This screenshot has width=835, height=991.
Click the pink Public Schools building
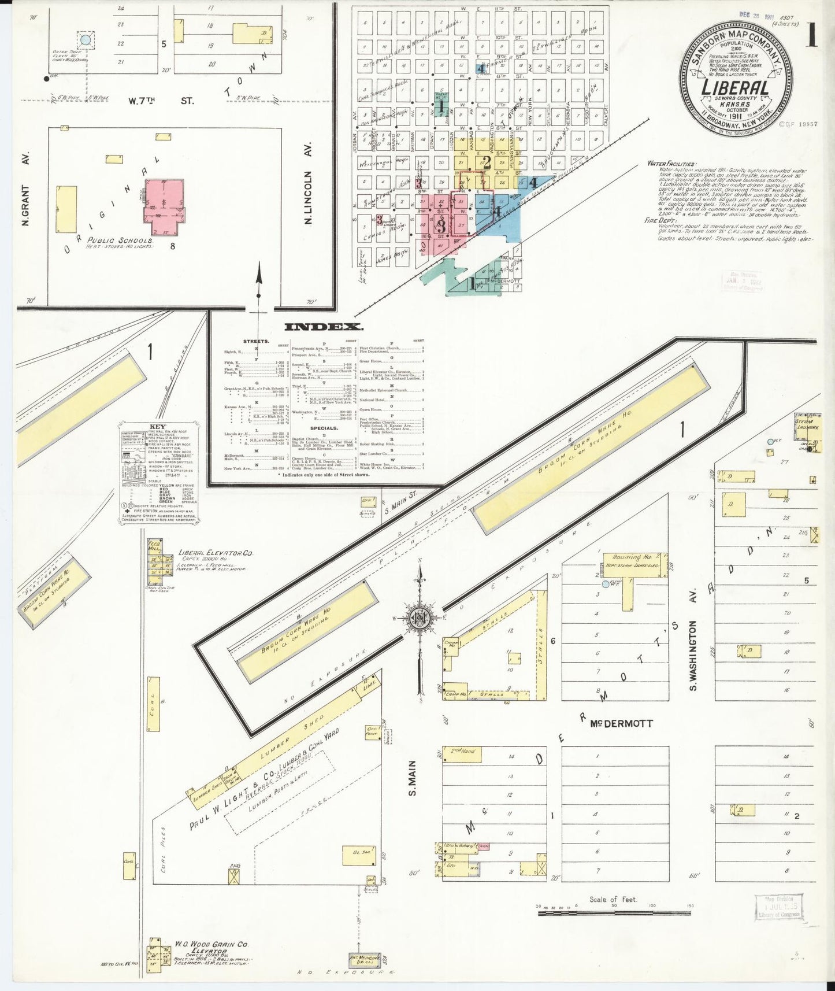[x=164, y=204]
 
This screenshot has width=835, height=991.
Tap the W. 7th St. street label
[x=161, y=101]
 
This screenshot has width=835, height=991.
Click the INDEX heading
[x=324, y=327]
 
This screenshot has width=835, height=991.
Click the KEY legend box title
[x=158, y=427]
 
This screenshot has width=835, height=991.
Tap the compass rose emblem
[x=418, y=619]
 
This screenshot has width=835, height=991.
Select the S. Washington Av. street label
[x=694, y=654]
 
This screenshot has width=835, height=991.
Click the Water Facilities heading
[x=671, y=164]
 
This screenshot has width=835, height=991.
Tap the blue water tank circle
[x=86, y=40]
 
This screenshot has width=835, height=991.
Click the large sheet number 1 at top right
[x=812, y=36]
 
